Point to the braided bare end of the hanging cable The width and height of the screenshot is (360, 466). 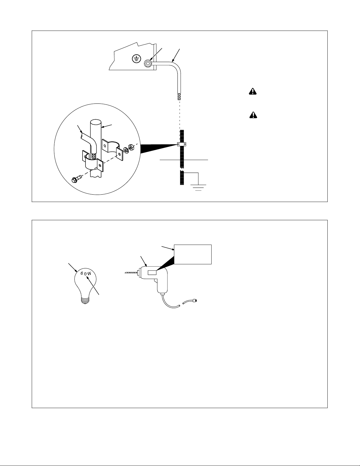pyautogui.click(x=179, y=96)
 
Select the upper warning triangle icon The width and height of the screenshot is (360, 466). pyautogui.click(x=253, y=91)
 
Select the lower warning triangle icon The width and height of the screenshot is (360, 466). pyautogui.click(x=253, y=115)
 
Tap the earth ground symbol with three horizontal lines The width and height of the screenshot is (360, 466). pyautogui.click(x=198, y=187)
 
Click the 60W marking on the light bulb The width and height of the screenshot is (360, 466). pyautogui.click(x=86, y=274)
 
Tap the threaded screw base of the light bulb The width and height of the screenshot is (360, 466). pyautogui.click(x=85, y=301)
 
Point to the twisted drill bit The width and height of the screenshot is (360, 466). pyautogui.click(x=132, y=273)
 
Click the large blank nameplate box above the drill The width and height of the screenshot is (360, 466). pyautogui.click(x=193, y=254)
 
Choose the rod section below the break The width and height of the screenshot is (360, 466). pyautogui.click(x=182, y=178)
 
